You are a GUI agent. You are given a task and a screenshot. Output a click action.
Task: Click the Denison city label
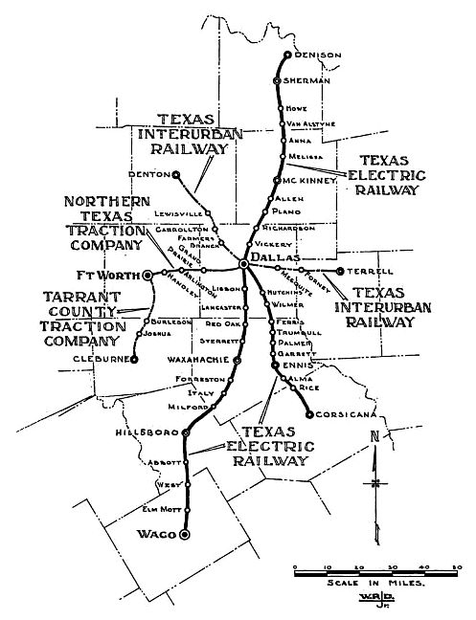coord(318,55)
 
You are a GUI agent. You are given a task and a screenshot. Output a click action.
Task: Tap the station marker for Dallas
coord(244,262)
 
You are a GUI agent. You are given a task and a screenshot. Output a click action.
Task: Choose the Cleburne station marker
coord(134,360)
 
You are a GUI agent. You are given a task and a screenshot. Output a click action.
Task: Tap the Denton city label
coord(149,175)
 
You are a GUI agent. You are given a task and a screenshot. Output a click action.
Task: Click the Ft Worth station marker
coord(148,275)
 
